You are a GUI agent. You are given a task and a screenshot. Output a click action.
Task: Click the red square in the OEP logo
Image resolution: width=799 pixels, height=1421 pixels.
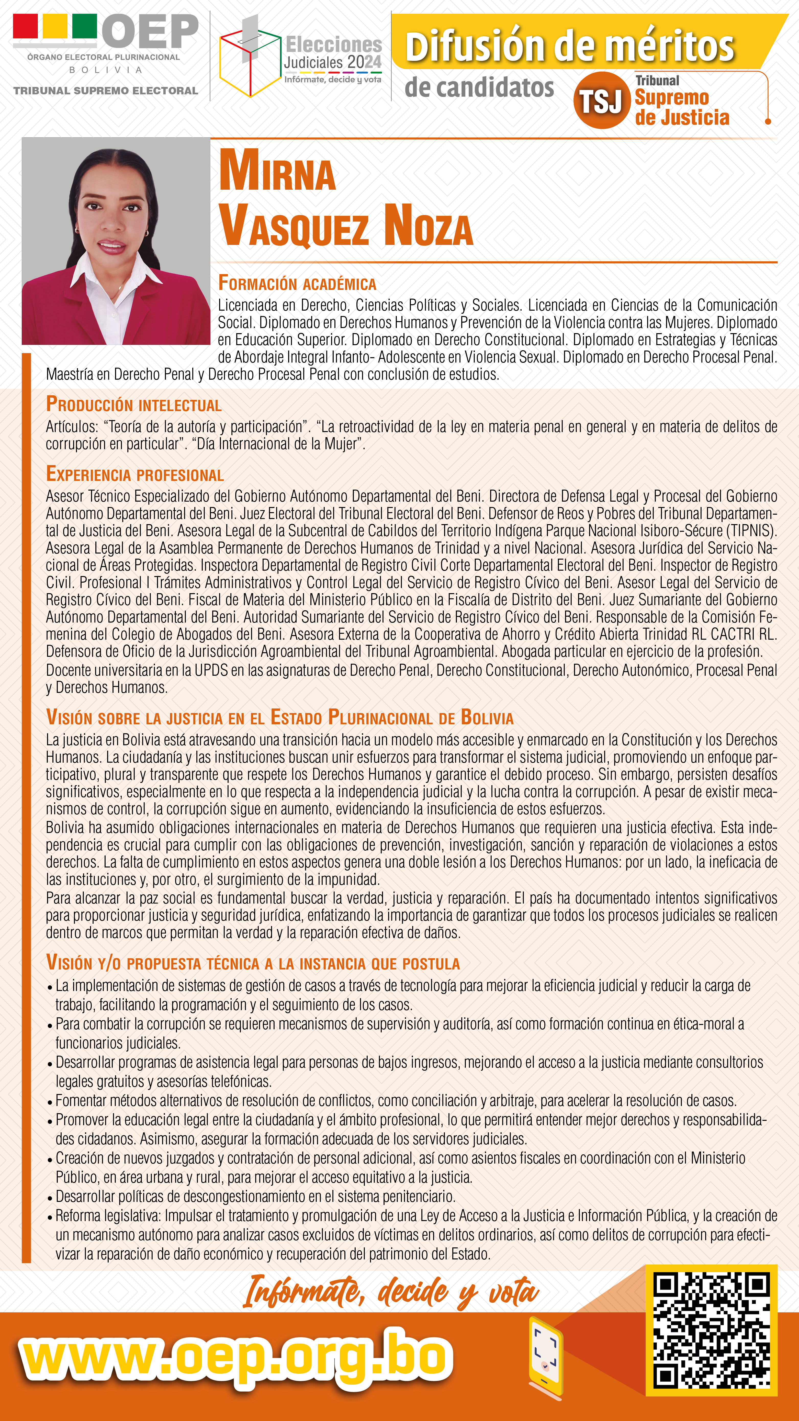[x=25, y=26]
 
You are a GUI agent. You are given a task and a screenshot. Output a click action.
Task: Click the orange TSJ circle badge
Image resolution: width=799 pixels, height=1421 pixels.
[x=601, y=100]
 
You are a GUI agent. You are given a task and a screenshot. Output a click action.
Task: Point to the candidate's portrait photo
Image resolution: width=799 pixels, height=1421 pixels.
[x=116, y=241]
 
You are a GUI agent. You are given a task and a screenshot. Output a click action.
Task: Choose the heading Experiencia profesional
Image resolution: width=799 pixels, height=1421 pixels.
[x=135, y=475]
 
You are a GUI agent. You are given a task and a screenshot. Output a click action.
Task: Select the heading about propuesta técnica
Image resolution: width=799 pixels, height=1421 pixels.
[x=253, y=963]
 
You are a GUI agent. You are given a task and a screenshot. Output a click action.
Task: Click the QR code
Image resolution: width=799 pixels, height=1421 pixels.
[x=711, y=1330]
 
